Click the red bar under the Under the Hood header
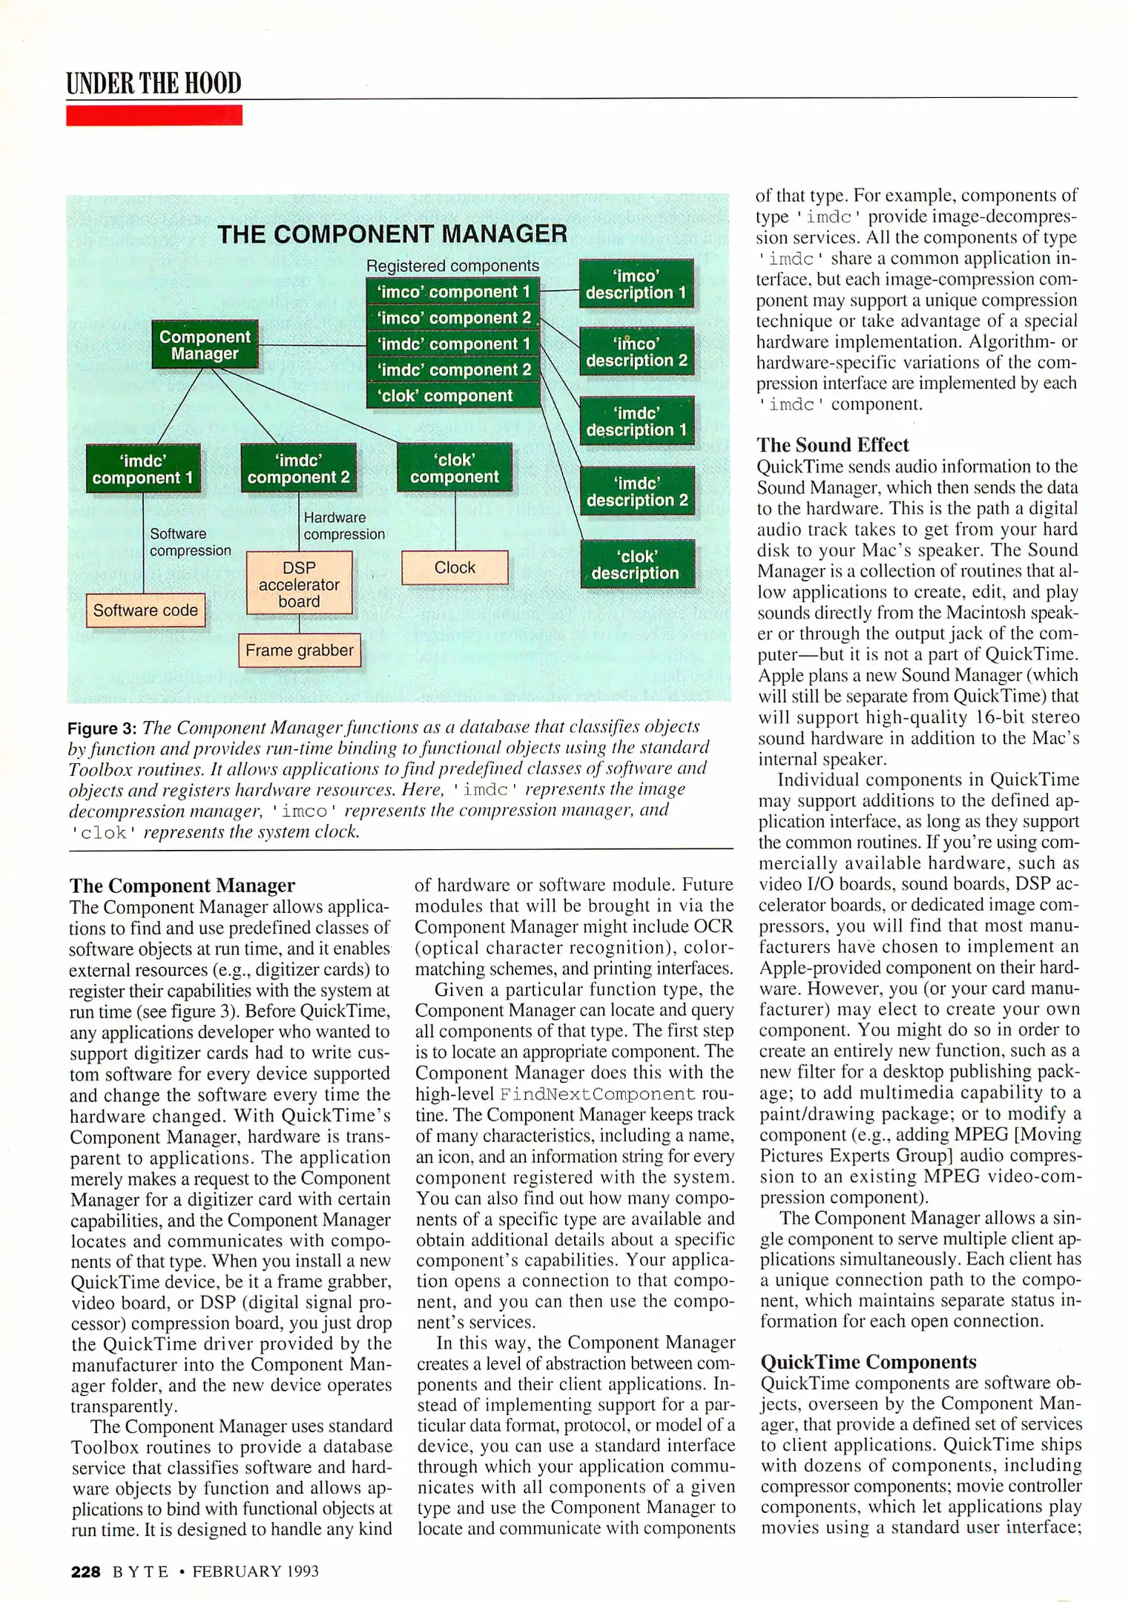[x=154, y=115]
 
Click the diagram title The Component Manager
[x=392, y=234]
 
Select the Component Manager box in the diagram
[x=205, y=345]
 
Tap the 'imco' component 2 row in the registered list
[x=453, y=317]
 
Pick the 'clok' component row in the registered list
[x=453, y=395]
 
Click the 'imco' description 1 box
[x=636, y=284]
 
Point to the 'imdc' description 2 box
[x=636, y=492]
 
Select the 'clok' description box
[x=636, y=564]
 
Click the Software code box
[x=145, y=610]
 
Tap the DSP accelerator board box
[x=299, y=584]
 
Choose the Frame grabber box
[x=299, y=650]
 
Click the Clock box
[x=455, y=567]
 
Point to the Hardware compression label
[x=343, y=526]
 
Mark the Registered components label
[x=452, y=266]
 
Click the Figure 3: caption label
[x=102, y=728]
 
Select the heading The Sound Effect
[x=832, y=445]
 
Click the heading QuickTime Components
[x=868, y=1362]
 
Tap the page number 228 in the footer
[x=85, y=1571]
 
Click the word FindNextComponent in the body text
[x=597, y=1094]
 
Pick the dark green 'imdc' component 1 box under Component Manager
[x=143, y=469]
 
